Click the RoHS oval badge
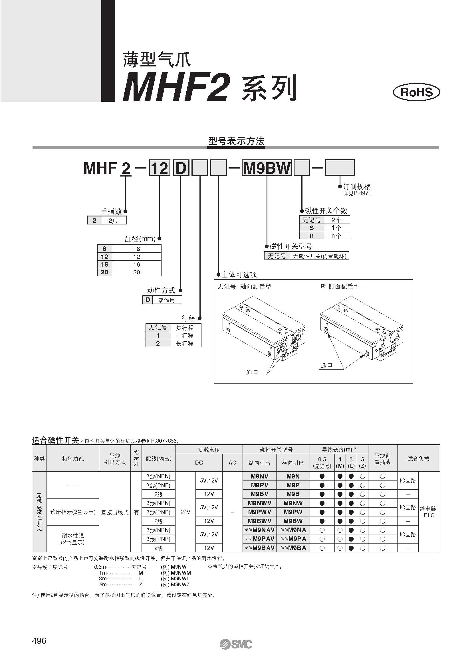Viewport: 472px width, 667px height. pos(416,92)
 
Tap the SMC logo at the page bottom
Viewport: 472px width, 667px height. pos(236,652)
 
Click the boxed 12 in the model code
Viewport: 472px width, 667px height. pos(160,168)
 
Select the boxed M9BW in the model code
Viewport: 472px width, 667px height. pos(267,168)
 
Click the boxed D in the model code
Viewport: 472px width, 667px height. pos(181,168)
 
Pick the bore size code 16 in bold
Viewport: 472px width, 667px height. pos(104,264)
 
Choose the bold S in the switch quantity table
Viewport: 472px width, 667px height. pos(312,228)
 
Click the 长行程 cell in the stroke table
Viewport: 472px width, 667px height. pos(185,343)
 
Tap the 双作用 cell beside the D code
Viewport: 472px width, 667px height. pos(166,300)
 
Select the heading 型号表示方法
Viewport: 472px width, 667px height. pos(236,141)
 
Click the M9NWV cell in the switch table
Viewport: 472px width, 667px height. pos(259,503)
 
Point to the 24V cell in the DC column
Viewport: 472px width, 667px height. pos(185,512)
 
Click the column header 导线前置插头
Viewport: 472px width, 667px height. pos(382,459)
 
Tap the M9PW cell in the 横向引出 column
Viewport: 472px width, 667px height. pos(293,512)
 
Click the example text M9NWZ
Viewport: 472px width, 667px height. pos(180,585)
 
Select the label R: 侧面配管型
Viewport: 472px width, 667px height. pos(340,286)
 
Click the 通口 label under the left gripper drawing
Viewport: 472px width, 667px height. pos(252,373)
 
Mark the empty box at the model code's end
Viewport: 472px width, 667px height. pos(340,168)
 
